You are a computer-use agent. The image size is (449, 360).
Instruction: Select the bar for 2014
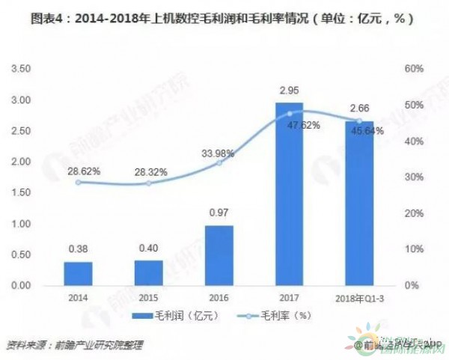[84, 274]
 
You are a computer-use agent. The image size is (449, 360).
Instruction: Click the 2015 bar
[150, 273]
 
